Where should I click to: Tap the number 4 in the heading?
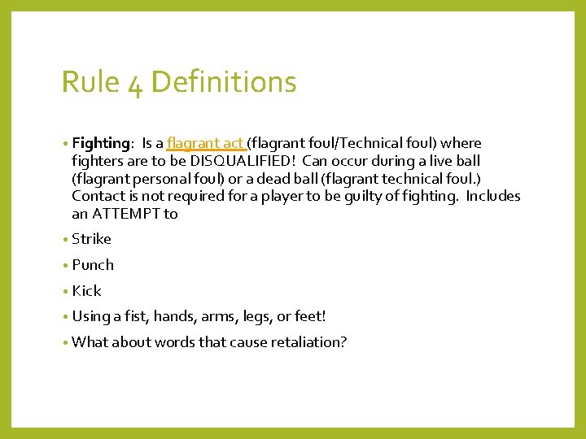coord(135,84)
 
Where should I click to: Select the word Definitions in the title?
coord(224,82)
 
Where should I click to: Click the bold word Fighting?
coord(101,144)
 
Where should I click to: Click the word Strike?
coord(91,239)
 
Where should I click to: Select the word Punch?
coord(93,265)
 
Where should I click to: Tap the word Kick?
coord(86,291)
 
